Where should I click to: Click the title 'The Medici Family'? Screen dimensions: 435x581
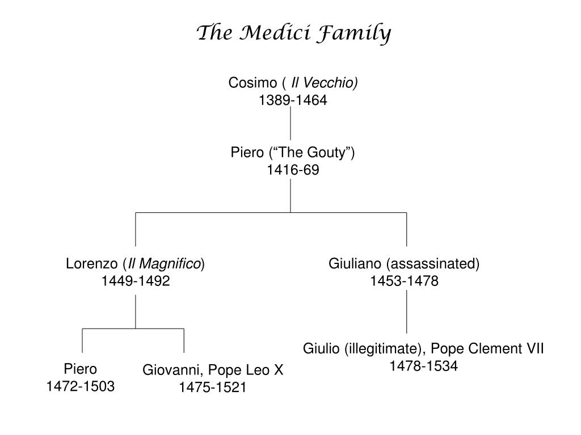tap(293, 33)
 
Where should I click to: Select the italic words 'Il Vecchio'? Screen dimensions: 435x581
tap(323, 83)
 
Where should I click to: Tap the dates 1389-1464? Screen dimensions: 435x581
tap(293, 100)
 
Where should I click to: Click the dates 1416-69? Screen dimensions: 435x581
tap(293, 170)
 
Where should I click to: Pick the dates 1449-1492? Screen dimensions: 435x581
tap(136, 281)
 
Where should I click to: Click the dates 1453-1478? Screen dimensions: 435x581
tap(405, 281)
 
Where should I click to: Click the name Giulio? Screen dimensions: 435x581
tap(321, 348)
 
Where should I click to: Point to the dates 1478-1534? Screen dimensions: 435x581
tap(423, 366)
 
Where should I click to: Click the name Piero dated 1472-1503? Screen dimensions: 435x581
tap(80, 369)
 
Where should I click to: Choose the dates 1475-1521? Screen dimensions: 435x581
tap(213, 388)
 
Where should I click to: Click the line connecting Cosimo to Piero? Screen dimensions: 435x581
tap(290, 123)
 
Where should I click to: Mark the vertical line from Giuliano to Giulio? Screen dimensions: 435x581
tap(407, 312)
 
